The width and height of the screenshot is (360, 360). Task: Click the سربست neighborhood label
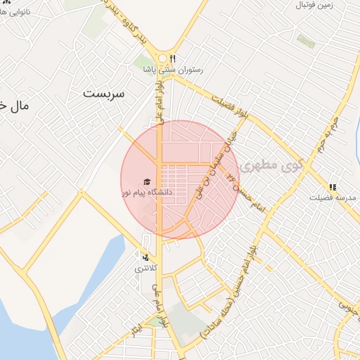pyautogui.click(x=103, y=93)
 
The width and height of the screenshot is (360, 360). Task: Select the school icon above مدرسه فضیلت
pyautogui.click(x=333, y=187)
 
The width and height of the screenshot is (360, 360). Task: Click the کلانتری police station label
pyautogui.click(x=147, y=269)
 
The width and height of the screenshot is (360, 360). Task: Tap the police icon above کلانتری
pyautogui.click(x=146, y=258)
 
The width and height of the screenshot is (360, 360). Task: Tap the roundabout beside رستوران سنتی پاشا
pyautogui.click(x=163, y=59)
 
